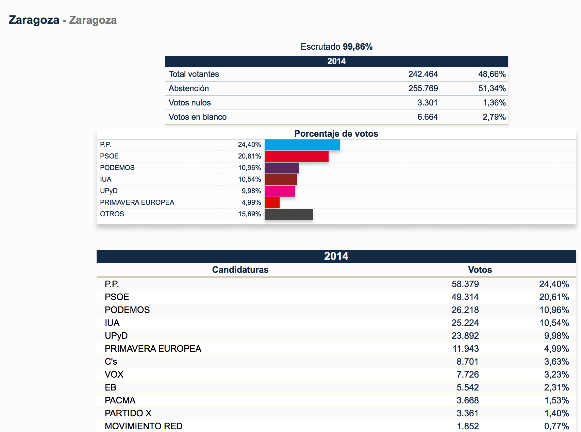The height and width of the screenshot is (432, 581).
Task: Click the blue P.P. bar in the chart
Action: (302, 145)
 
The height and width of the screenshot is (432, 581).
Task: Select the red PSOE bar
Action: (296, 156)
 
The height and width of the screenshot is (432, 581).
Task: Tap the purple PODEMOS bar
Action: (281, 168)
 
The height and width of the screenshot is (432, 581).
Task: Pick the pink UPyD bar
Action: (280, 191)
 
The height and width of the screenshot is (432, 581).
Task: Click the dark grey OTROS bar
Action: (288, 214)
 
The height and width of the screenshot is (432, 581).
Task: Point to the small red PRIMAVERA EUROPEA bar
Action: (272, 203)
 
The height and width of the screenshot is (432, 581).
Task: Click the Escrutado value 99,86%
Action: (358, 47)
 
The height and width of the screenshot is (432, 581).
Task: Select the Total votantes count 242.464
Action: (423, 74)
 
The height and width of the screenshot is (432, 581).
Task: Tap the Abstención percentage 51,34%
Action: (492, 88)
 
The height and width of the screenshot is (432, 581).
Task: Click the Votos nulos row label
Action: (189, 103)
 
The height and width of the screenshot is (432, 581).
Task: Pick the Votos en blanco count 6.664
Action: (427, 117)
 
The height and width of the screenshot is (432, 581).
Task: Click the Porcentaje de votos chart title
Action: (336, 134)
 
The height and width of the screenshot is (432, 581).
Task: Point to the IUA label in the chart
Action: (105, 179)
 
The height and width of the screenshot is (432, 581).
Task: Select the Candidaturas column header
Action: (240, 270)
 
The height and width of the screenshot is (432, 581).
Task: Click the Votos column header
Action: (480, 270)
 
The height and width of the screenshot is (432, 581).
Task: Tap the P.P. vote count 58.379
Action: (465, 284)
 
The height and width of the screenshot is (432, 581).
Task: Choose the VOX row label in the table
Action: (114, 375)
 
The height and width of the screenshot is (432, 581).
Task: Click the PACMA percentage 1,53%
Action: (557, 400)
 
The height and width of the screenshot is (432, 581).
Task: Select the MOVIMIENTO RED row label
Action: (144, 426)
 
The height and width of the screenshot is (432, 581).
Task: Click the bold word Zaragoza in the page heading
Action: (34, 20)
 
